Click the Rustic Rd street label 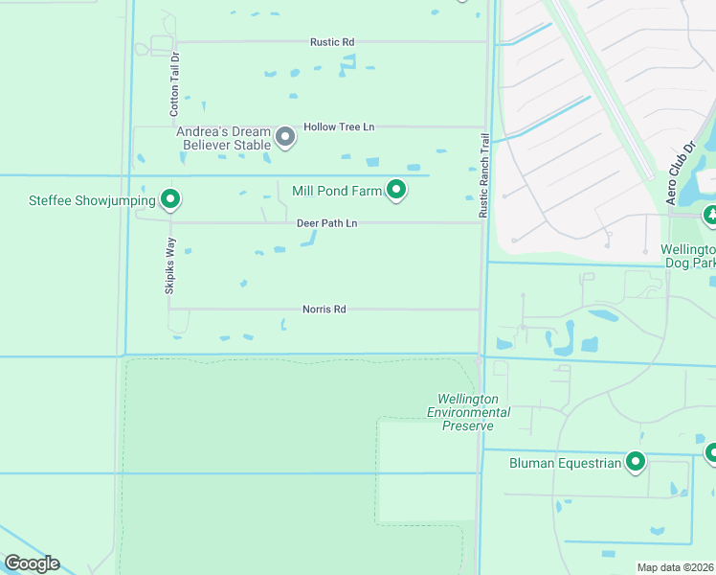click(332, 42)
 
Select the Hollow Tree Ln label click(339, 126)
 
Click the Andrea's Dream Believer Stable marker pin click(285, 137)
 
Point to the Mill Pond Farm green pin click(396, 190)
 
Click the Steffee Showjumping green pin click(170, 199)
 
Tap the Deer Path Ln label click(326, 223)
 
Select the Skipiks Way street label click(170, 265)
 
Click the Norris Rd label click(324, 310)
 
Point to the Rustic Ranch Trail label click(484, 173)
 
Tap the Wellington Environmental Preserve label click(468, 412)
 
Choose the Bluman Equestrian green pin click(635, 463)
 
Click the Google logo click(32, 563)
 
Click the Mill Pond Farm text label click(337, 191)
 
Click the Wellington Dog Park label click(688, 255)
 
